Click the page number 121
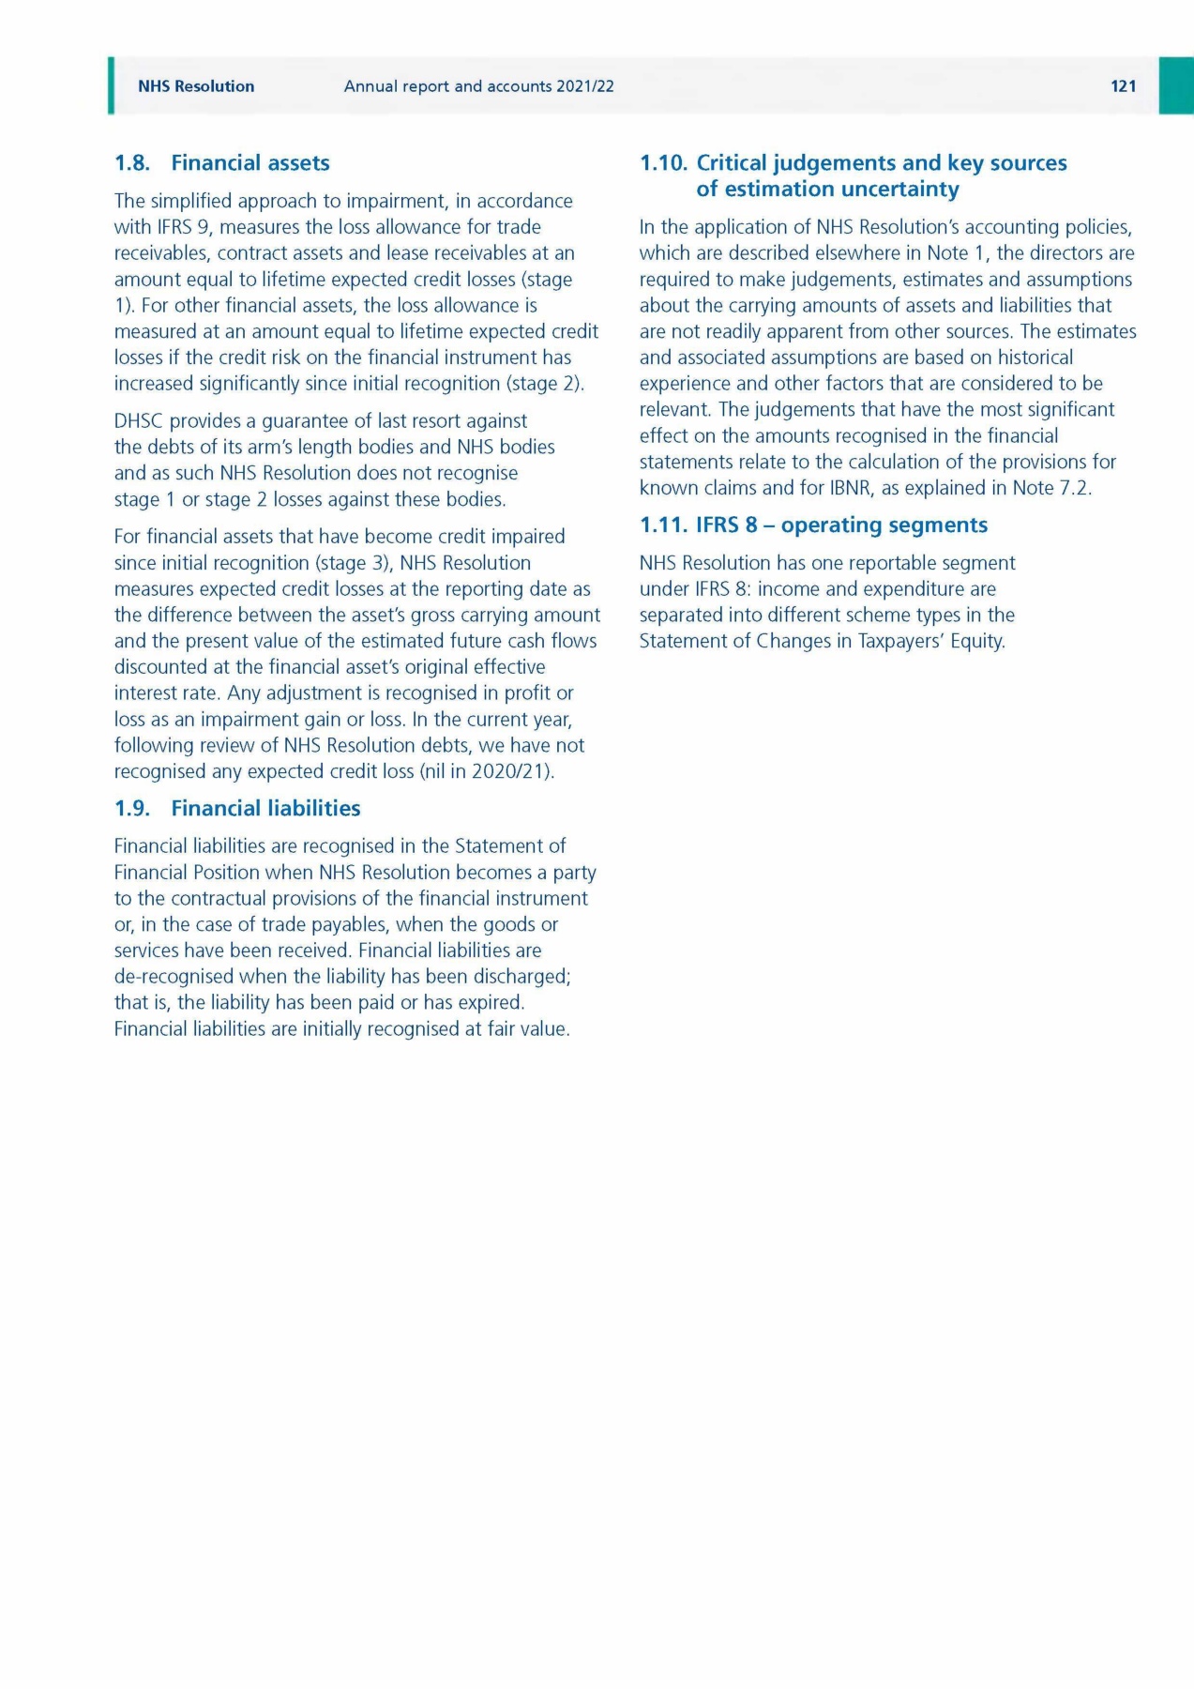point(1123,86)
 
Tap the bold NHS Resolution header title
point(196,86)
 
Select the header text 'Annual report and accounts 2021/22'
point(478,86)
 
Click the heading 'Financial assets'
point(249,163)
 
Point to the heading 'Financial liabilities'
point(265,809)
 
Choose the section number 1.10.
point(663,163)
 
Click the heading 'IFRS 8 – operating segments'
point(841,525)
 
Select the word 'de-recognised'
point(174,977)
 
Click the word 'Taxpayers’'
point(900,642)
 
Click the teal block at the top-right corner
point(1175,85)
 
